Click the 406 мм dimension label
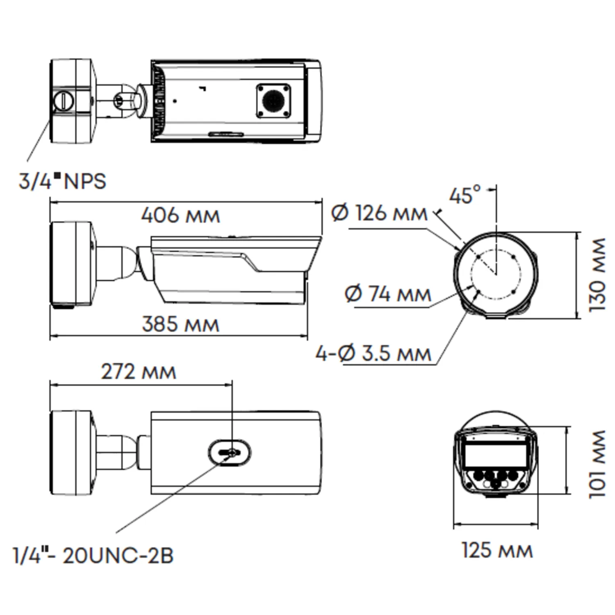tap(180, 215)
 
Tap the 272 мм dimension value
tap(139, 371)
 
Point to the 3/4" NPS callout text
tap(62, 181)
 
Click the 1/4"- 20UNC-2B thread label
tap(93, 556)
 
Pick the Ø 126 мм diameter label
tap(379, 213)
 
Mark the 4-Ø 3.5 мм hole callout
tap(374, 353)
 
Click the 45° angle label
tap(465, 195)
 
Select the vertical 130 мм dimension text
tap(597, 275)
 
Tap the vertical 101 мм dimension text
tap(597, 464)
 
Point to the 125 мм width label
tap(497, 550)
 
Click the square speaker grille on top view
tap(273, 101)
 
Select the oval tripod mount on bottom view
tap(229, 453)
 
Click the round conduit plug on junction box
tap(64, 100)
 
